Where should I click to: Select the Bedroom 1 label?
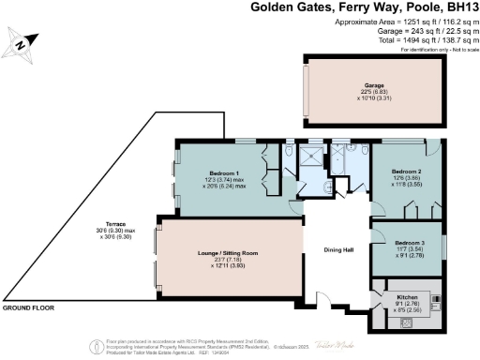coord(224,172)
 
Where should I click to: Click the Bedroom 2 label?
coord(405,172)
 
